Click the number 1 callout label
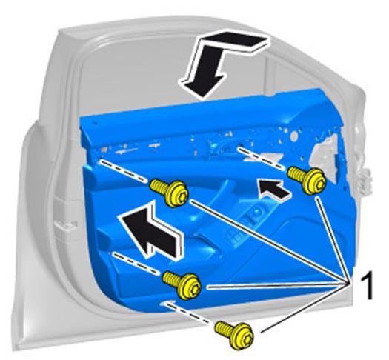[367, 284]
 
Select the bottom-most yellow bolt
[234, 335]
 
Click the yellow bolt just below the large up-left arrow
[182, 285]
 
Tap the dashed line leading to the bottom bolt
[187, 313]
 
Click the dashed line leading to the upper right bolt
[262, 159]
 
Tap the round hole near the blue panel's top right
[294, 136]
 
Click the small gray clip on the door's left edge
[65, 227]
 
